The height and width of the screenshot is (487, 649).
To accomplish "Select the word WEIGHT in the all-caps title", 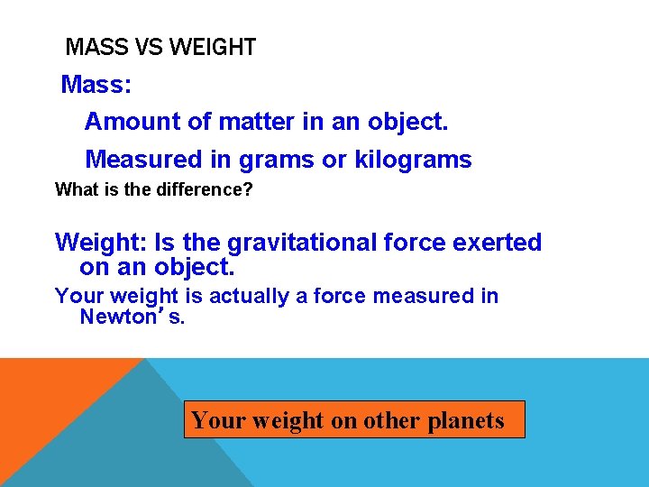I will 208,48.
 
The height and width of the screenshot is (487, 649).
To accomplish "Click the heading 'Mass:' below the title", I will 96,86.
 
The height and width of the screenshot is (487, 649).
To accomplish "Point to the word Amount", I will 127,121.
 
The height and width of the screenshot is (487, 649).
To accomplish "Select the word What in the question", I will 75,190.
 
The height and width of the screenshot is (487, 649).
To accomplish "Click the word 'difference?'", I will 208,190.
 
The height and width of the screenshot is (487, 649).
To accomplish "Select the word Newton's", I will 133,317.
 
